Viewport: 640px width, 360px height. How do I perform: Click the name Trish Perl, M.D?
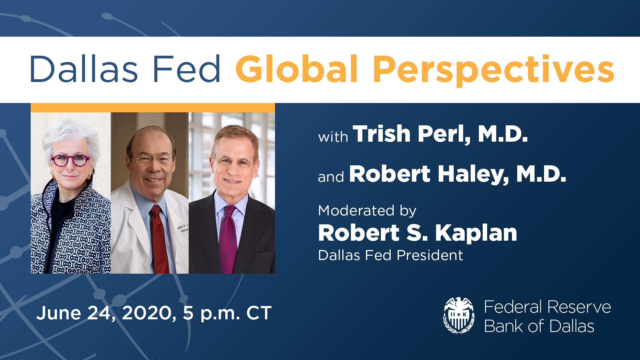[x=440, y=134]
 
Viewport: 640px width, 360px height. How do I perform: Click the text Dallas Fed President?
[x=390, y=255]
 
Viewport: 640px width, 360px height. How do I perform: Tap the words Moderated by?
[x=367, y=211]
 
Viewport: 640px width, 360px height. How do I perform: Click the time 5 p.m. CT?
[x=227, y=313]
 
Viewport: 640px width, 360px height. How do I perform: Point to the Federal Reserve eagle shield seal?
[x=459, y=315]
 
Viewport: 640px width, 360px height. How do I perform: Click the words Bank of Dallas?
[x=539, y=326]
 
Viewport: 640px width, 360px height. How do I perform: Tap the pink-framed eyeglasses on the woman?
[x=70, y=160]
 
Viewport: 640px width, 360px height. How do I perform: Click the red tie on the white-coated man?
[x=160, y=240]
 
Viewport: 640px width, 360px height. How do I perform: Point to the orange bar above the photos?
[x=153, y=108]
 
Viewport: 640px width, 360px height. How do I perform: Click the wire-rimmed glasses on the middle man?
[x=153, y=160]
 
